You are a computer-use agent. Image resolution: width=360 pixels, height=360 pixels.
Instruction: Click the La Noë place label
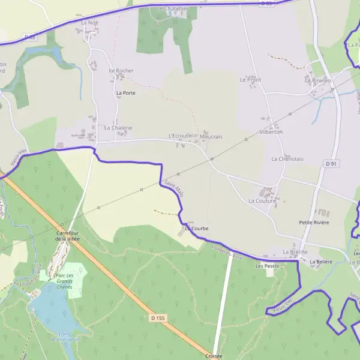(x=89, y=22)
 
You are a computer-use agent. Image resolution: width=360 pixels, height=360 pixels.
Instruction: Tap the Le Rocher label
(x=121, y=71)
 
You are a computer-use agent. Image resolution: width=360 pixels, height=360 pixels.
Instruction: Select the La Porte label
(x=126, y=93)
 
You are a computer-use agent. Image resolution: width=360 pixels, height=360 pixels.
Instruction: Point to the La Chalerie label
(x=118, y=128)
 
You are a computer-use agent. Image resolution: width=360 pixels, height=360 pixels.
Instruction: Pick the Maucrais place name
(x=211, y=137)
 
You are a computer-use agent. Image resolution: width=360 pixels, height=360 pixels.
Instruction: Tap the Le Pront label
(x=250, y=79)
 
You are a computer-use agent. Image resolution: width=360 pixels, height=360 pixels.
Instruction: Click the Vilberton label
(x=271, y=132)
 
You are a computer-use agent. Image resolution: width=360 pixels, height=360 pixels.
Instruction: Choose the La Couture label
(x=262, y=201)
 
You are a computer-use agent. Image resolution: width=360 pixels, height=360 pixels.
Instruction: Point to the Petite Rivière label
(x=314, y=223)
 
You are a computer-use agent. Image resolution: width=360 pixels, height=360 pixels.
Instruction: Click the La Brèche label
(x=295, y=252)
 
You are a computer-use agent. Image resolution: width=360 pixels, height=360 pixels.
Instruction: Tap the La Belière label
(x=321, y=262)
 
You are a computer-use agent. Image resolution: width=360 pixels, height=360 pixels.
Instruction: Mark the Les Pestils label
(x=267, y=265)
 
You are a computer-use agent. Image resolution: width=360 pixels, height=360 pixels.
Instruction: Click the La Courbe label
(x=196, y=229)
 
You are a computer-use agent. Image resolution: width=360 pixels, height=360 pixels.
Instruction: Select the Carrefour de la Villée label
(x=67, y=236)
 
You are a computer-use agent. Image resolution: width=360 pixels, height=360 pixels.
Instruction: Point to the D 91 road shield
(x=331, y=163)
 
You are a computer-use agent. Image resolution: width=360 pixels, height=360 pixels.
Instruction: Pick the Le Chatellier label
(x=172, y=9)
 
